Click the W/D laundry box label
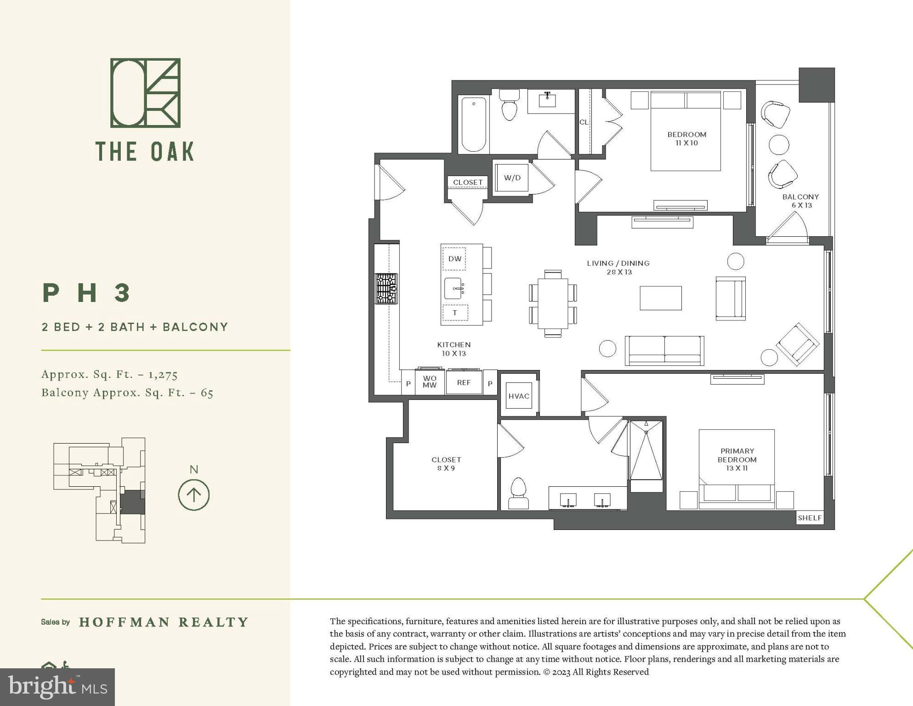point(512,178)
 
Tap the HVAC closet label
point(519,396)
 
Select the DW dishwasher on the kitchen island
point(454,259)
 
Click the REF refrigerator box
point(464,382)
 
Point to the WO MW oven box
point(430,382)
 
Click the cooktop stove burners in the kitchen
point(386,289)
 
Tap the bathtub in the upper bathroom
point(473,124)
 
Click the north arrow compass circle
point(194,495)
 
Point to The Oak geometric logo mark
point(145,93)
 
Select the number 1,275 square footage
point(163,375)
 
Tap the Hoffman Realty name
point(164,622)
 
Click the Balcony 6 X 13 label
point(800,201)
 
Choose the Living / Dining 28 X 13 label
point(618,268)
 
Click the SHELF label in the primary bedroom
point(809,518)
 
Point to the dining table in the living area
point(553,304)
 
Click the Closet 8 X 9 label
point(446,464)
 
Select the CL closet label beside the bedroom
point(584,122)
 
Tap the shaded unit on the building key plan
point(133,502)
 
